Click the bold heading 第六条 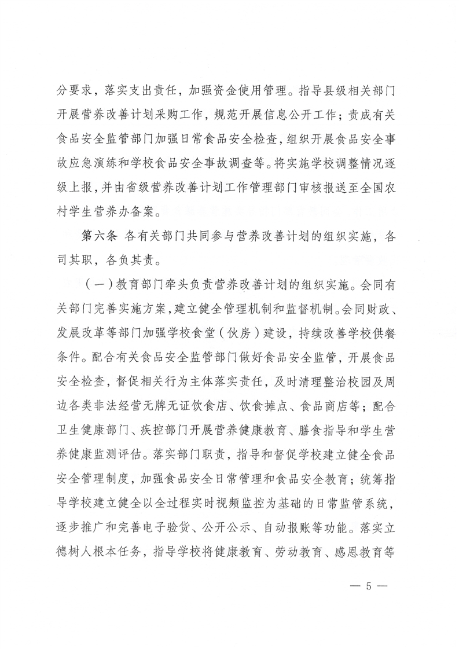(94, 237)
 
